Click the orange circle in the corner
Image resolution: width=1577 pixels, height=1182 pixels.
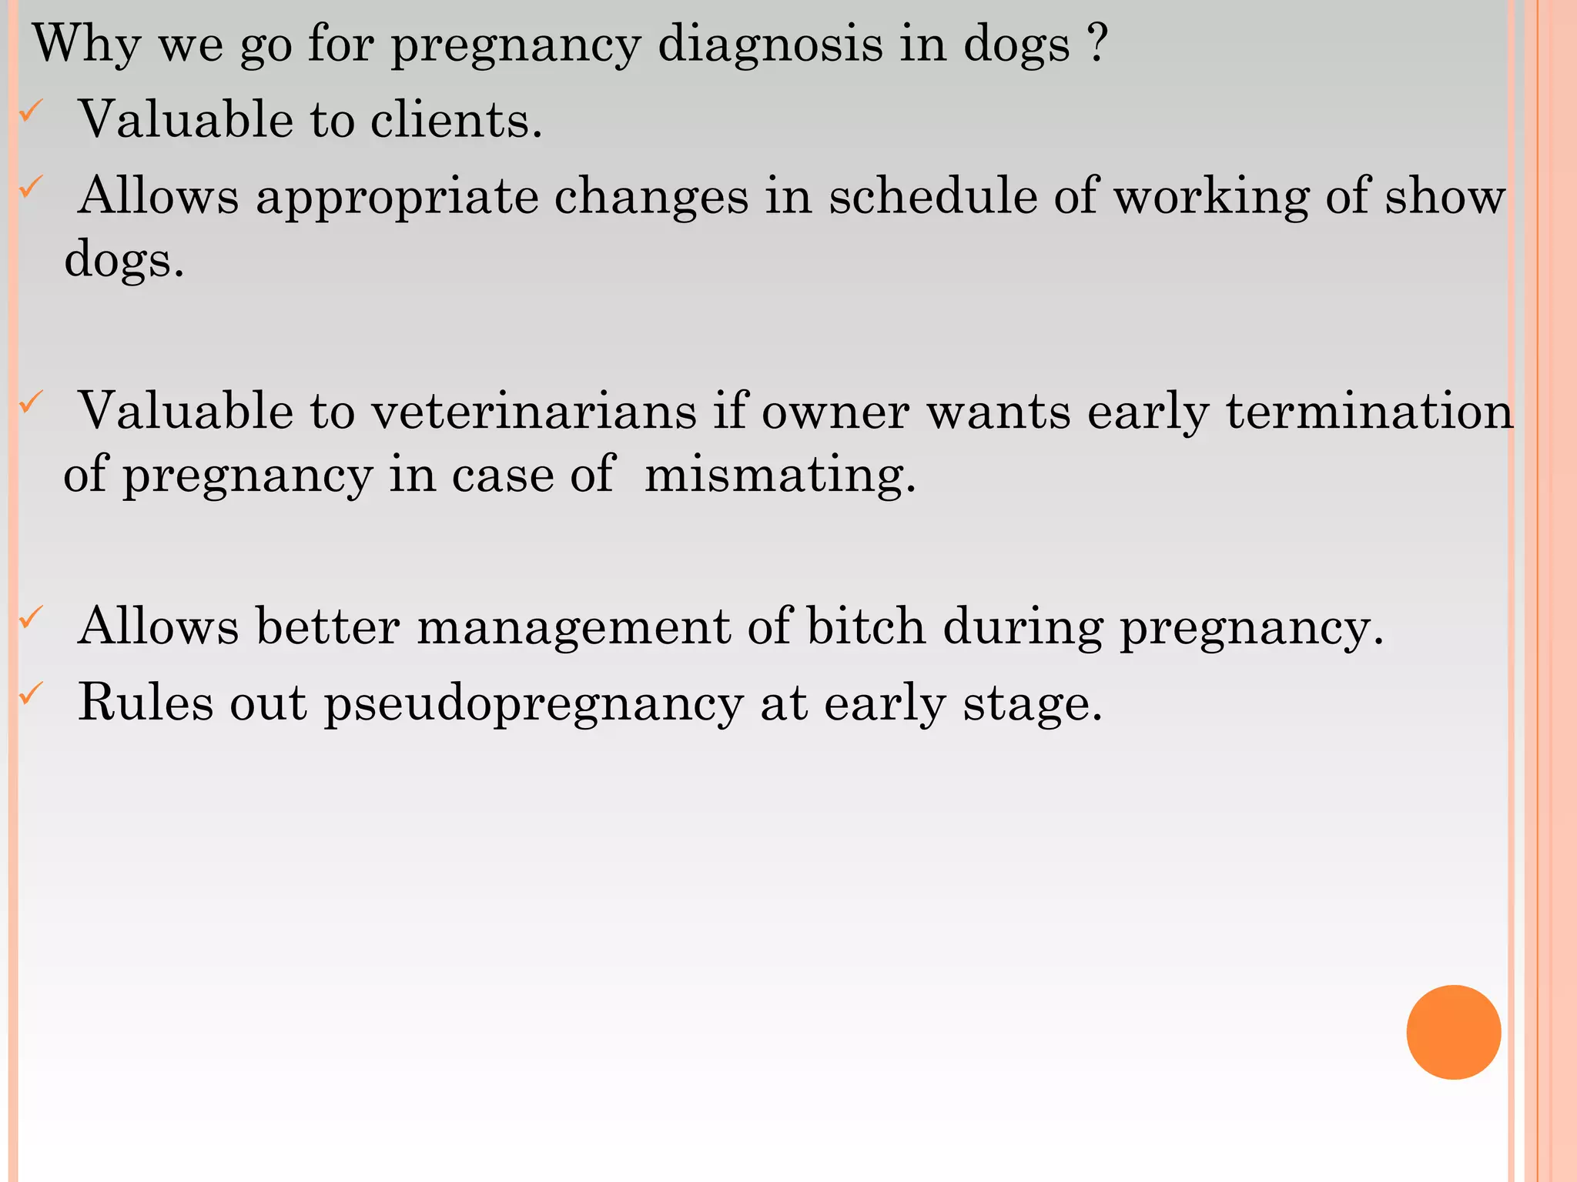(1453, 1032)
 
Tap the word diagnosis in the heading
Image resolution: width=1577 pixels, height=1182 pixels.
(770, 44)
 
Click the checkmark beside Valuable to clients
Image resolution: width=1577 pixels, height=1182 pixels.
(29, 113)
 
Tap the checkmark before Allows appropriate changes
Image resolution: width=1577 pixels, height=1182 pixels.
(29, 187)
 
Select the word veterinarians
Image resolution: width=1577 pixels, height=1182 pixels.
(534, 411)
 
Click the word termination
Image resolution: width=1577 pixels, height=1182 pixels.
(1370, 411)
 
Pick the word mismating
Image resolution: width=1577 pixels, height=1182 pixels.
(779, 475)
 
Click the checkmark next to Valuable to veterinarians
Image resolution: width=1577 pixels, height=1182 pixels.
(29, 402)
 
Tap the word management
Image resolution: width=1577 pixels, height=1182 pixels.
(574, 627)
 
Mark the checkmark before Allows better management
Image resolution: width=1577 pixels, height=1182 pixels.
(29, 617)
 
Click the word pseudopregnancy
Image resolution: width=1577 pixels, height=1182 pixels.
(534, 704)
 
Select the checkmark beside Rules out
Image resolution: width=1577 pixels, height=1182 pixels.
(29, 694)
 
